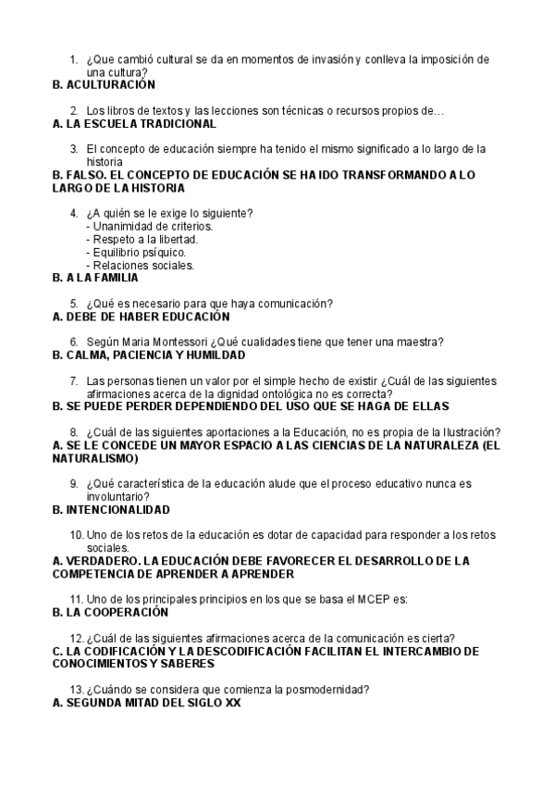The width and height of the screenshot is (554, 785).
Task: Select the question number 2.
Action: [x=73, y=111]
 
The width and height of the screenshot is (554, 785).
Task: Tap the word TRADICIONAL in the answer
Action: [x=178, y=123]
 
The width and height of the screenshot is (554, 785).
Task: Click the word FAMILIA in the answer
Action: [x=114, y=277]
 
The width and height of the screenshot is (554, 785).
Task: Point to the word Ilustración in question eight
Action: [x=471, y=432]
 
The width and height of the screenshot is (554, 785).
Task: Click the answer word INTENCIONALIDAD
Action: [x=117, y=509]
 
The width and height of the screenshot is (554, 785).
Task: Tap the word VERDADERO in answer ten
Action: [x=101, y=560]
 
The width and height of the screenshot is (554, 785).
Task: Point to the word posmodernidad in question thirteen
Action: [x=319, y=690]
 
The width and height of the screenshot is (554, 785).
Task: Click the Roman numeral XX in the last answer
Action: [x=233, y=703]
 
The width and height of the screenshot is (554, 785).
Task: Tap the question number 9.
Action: [x=73, y=483]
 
